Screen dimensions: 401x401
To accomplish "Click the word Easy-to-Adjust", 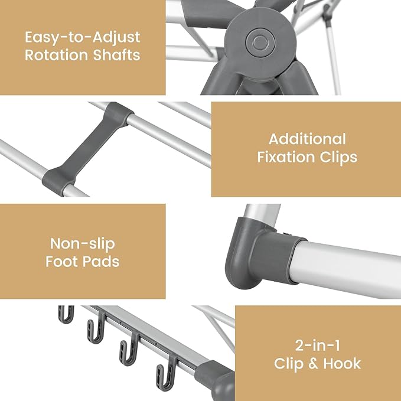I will [x=83, y=37].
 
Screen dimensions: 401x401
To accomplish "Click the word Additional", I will [x=307, y=139].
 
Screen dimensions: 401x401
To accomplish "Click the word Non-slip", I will [x=82, y=243].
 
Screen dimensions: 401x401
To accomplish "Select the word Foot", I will [x=63, y=261].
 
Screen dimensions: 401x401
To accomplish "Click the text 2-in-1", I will [x=317, y=345].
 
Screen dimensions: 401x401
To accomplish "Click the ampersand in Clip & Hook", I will [x=313, y=363].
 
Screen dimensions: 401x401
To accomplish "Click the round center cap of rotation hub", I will [x=258, y=41].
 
